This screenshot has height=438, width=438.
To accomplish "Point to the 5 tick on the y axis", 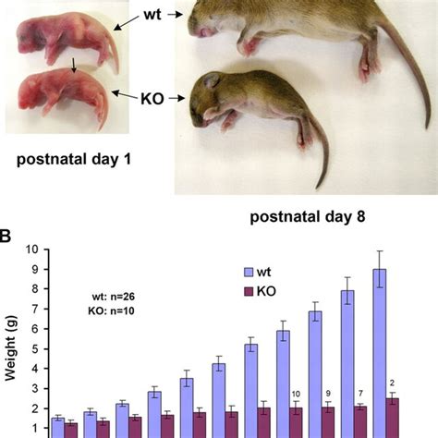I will click(x=32, y=348).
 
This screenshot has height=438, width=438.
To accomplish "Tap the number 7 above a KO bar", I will click(x=359, y=395).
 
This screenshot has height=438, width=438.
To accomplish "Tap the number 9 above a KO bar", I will click(x=326, y=395).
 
